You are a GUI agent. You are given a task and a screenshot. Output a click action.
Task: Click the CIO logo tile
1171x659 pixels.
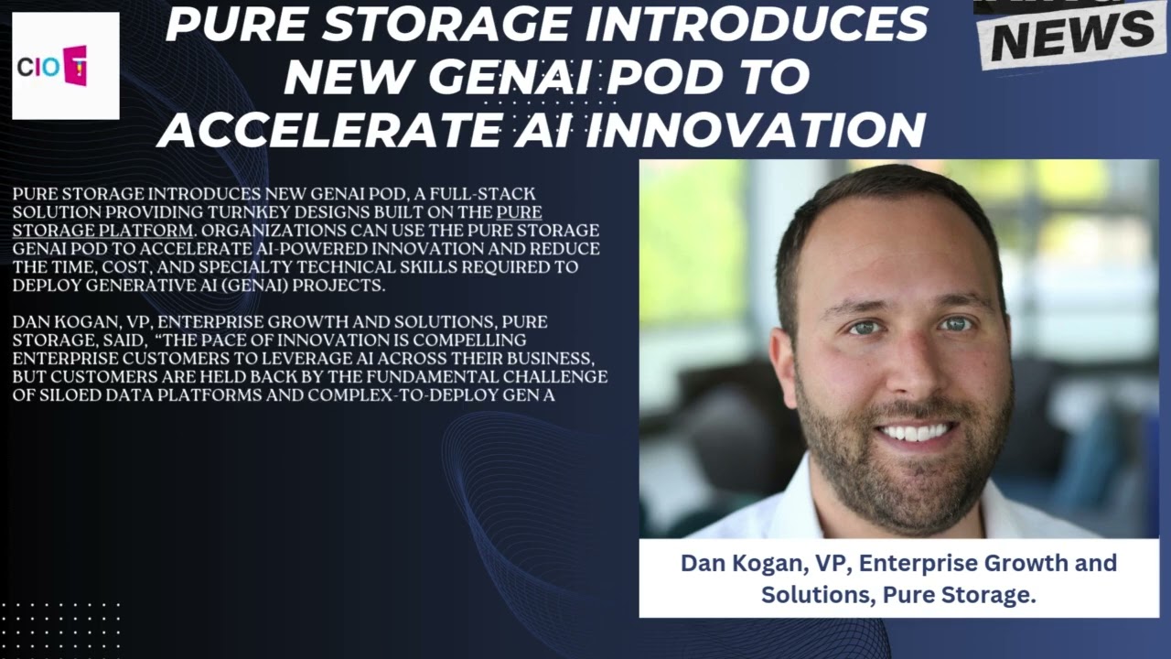66,66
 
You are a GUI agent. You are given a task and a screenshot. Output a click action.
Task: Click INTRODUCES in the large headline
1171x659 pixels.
757,25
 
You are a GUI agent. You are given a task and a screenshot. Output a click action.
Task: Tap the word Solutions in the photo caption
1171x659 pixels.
818,594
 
